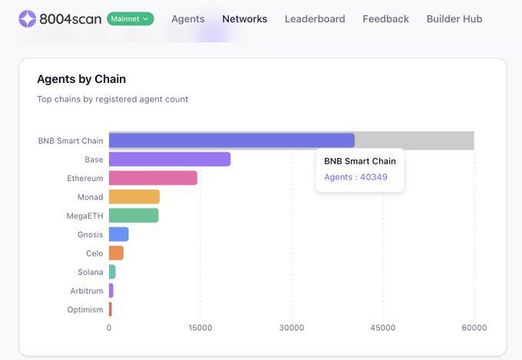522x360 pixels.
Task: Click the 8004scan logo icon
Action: pyautogui.click(x=28, y=18)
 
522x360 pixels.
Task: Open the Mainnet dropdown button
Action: pyautogui.click(x=130, y=18)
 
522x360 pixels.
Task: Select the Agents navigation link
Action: pyautogui.click(x=187, y=18)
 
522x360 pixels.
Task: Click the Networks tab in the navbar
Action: pyautogui.click(x=245, y=18)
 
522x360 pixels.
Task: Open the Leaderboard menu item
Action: pyautogui.click(x=315, y=18)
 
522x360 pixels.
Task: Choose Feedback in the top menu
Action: pyautogui.click(x=385, y=18)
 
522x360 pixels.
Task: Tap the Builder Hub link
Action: pyautogui.click(x=454, y=18)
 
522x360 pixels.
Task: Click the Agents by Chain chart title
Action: pyautogui.click(x=81, y=79)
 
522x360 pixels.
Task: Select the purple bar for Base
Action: pyautogui.click(x=169, y=159)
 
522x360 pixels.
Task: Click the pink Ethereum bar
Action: pyautogui.click(x=153, y=178)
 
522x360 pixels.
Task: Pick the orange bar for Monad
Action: pyautogui.click(x=134, y=197)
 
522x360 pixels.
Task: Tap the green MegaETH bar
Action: pyautogui.click(x=133, y=216)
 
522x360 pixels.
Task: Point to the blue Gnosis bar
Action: pyautogui.click(x=118, y=234)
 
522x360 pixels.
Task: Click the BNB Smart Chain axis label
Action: pyautogui.click(x=70, y=140)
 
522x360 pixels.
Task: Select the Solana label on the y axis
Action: pyautogui.click(x=90, y=272)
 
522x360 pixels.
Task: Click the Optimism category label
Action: pyautogui.click(x=84, y=309)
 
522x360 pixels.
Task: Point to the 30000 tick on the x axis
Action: pyautogui.click(x=292, y=328)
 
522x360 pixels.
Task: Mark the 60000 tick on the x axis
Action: pyautogui.click(x=474, y=328)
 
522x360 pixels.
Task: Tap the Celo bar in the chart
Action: pyautogui.click(x=116, y=253)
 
